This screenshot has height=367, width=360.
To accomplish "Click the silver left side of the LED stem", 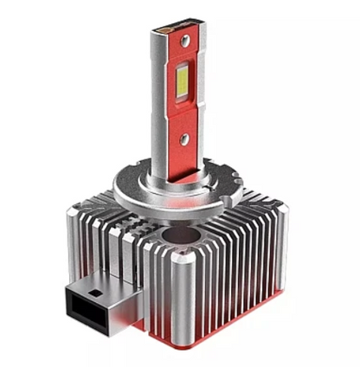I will tap(158, 104).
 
